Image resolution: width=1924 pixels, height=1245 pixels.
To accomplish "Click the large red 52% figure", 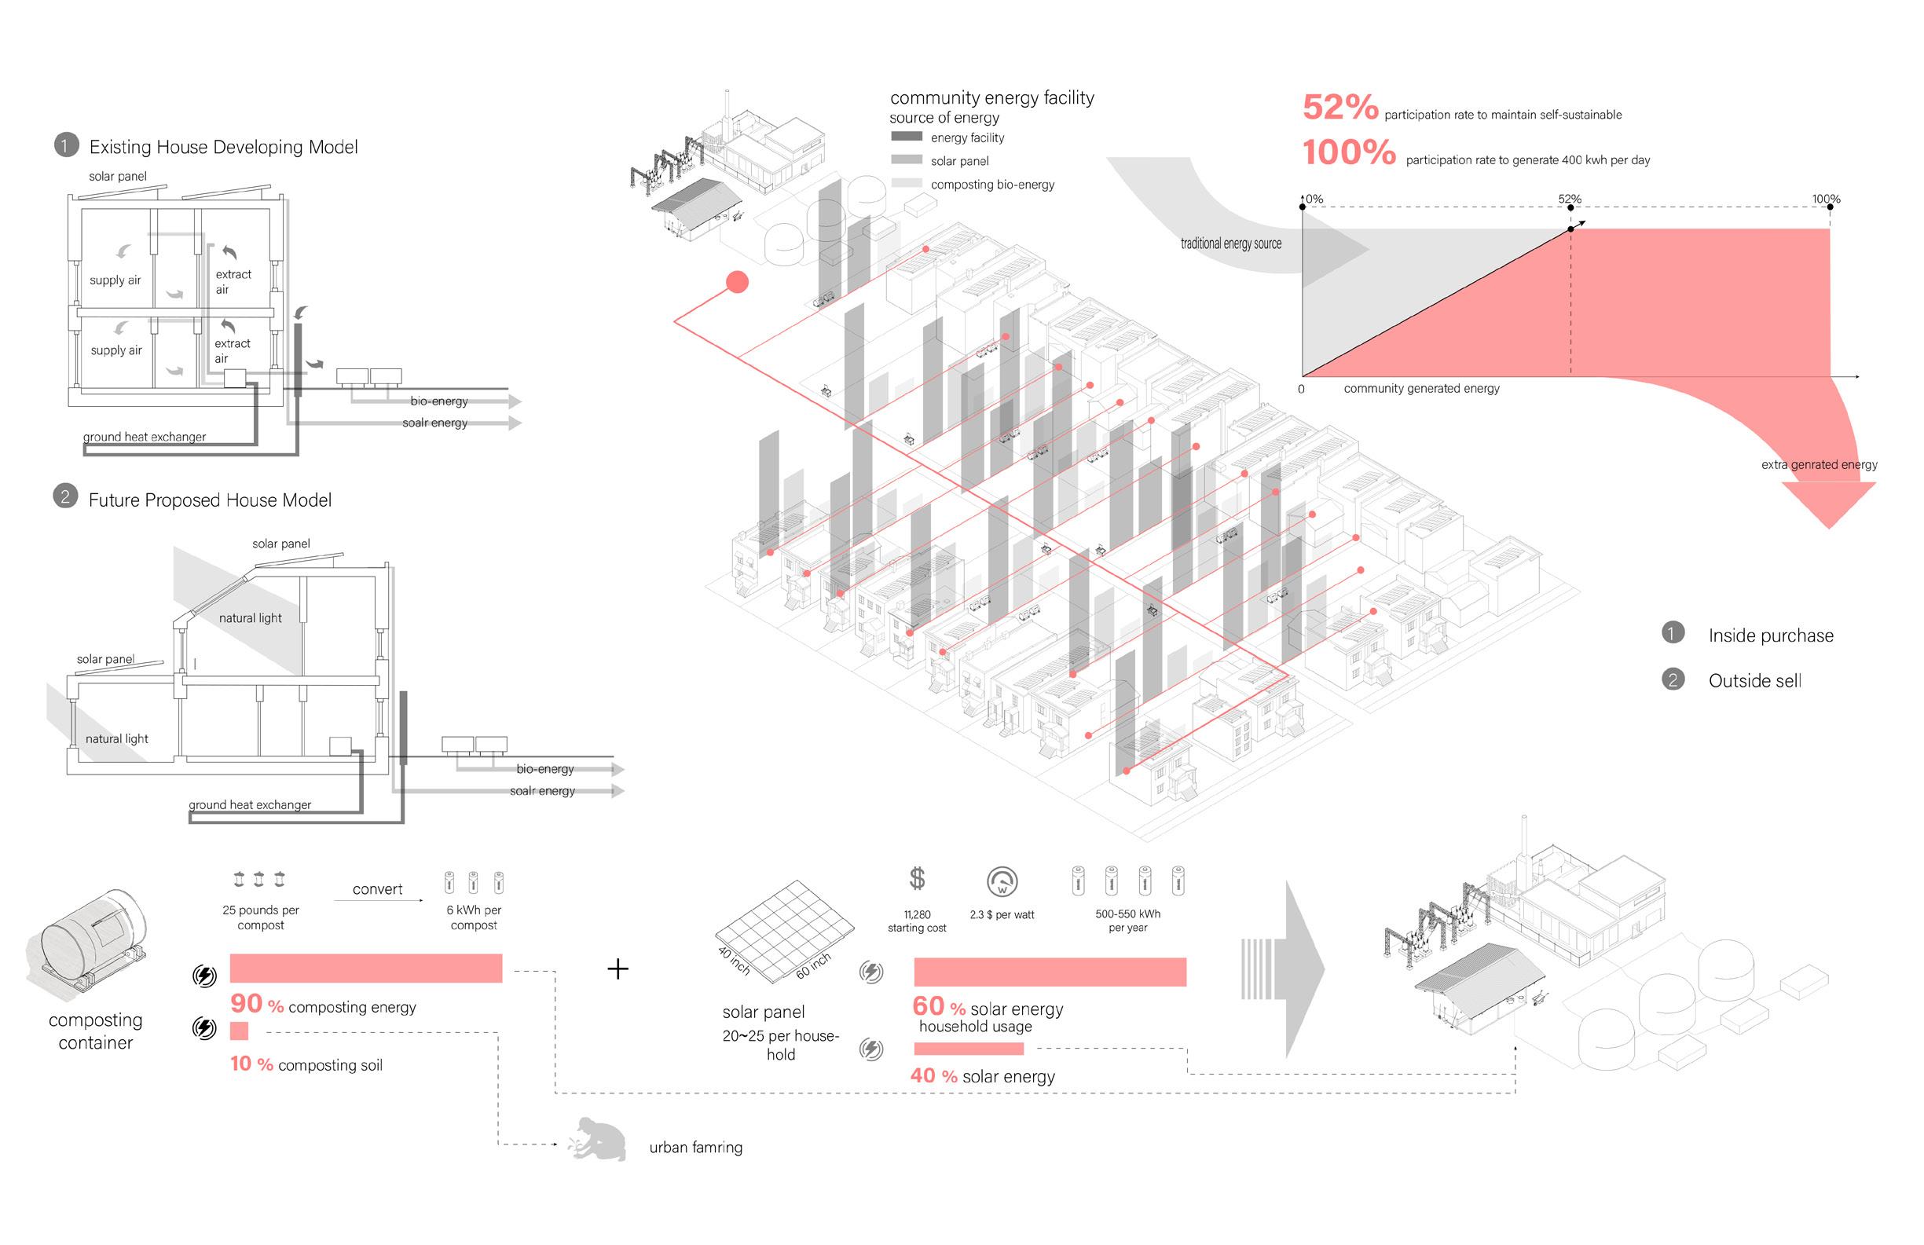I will (1339, 108).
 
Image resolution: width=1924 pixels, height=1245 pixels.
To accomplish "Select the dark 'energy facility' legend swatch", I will (906, 137).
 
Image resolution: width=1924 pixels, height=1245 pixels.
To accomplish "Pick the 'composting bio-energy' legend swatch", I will (906, 184).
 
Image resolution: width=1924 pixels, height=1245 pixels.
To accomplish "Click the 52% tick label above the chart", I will (1569, 199).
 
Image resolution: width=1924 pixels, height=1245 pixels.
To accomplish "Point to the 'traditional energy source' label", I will (1230, 244).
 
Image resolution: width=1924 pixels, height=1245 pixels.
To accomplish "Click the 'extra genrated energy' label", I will (1819, 465).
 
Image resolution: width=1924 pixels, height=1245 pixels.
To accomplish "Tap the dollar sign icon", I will (917, 878).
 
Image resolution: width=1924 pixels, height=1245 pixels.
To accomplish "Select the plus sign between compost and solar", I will (618, 969).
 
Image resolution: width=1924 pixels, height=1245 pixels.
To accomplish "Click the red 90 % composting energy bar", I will (365, 968).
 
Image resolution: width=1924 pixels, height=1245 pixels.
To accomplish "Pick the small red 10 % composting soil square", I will (240, 1031).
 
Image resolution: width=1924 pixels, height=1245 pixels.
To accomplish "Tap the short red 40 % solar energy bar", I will (969, 1049).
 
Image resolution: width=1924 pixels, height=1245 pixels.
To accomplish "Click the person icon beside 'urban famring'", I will (600, 1140).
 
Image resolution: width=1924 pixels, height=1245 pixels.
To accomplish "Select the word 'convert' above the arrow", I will (378, 889).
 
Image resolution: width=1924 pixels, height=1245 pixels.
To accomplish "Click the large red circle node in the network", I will (736, 282).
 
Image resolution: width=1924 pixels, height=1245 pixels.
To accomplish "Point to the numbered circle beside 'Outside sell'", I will (1673, 679).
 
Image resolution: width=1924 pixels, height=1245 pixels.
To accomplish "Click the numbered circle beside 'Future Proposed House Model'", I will (64, 496).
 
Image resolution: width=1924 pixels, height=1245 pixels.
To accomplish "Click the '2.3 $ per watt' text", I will (1002, 915).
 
